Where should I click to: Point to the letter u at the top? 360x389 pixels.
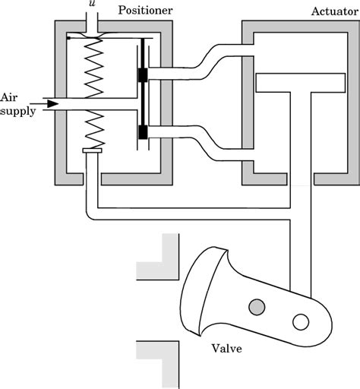[93, 4]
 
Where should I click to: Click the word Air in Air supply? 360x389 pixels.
[8, 97]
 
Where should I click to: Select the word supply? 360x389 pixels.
[16, 110]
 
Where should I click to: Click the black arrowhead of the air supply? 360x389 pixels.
[52, 103]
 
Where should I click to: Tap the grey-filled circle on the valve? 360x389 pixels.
[257, 307]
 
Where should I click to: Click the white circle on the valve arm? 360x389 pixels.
[300, 322]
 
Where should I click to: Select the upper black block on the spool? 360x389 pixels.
[142, 75]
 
